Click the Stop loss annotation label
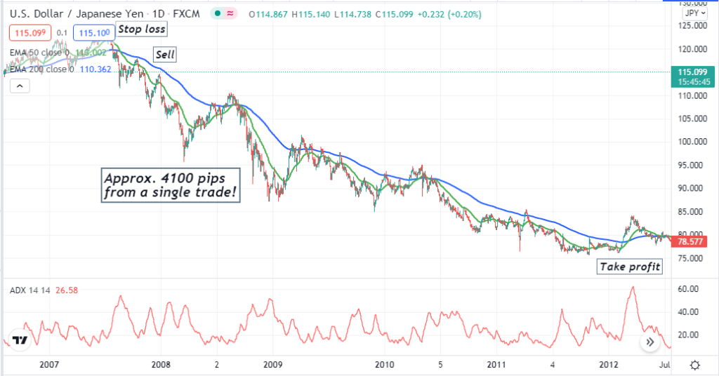click(142, 29)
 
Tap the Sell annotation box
click(165, 55)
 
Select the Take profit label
click(630, 267)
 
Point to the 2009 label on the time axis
click(272, 365)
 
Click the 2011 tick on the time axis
click(496, 365)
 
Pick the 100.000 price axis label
click(689, 141)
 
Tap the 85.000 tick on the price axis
click(689, 211)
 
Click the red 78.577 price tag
click(687, 242)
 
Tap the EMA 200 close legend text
click(41, 69)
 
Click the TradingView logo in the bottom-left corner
click(20, 341)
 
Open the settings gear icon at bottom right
click(695, 365)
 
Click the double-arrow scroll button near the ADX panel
click(650, 342)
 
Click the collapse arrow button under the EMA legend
click(20, 86)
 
